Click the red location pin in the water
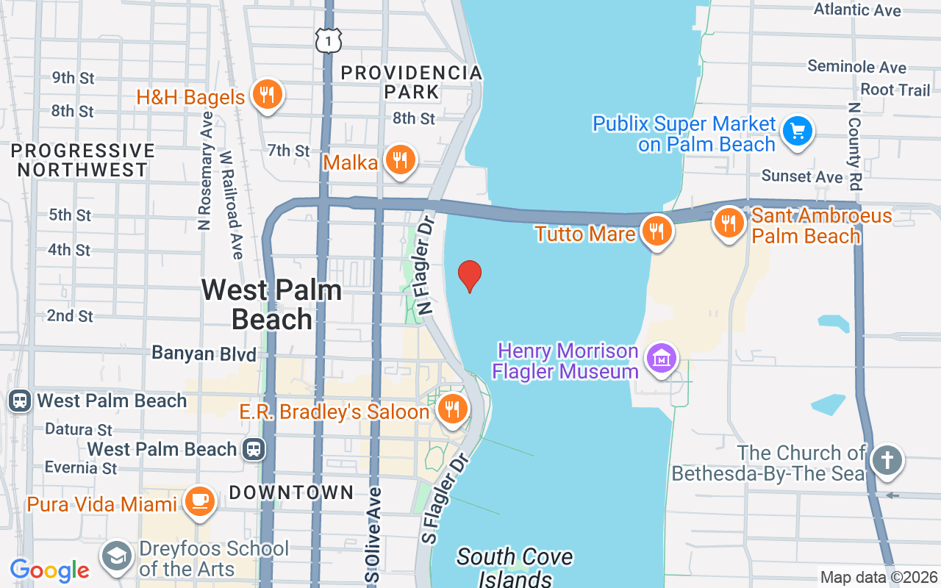click(x=469, y=276)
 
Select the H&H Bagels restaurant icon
click(x=267, y=95)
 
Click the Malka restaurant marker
click(x=399, y=160)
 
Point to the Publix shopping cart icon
click(x=797, y=132)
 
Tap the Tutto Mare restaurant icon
click(x=656, y=232)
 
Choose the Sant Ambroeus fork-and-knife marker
click(x=729, y=221)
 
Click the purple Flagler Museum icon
click(x=662, y=359)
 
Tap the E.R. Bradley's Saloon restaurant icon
click(x=451, y=409)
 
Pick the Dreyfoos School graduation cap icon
click(x=116, y=557)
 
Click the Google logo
click(x=49, y=570)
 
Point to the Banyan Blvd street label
click(x=204, y=354)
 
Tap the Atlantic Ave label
click(x=857, y=10)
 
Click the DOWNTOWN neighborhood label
click(x=291, y=492)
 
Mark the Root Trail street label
click(x=895, y=90)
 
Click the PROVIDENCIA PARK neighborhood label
click(x=412, y=82)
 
